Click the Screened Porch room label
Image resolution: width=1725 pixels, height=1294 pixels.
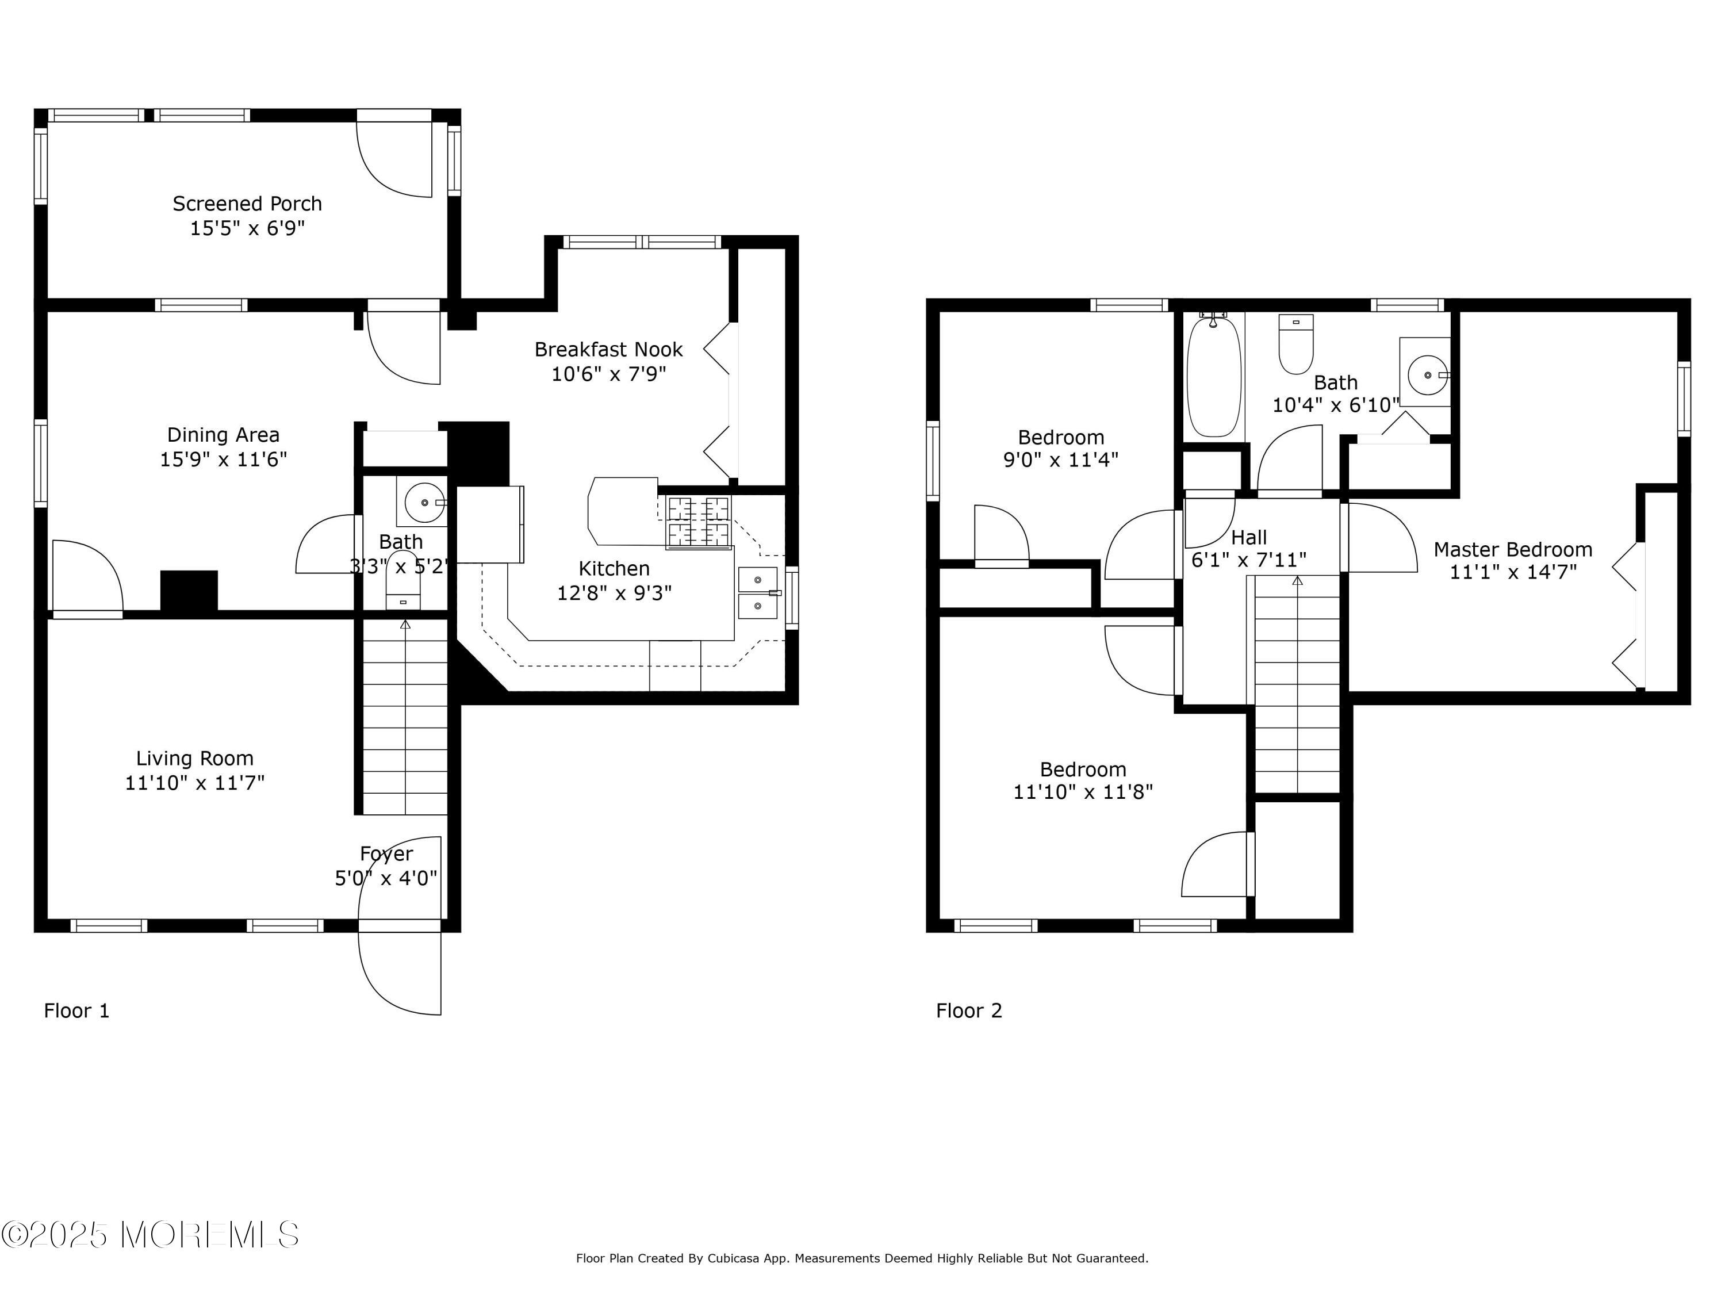[247, 204]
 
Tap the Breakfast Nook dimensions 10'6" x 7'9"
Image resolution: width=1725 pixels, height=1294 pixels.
[608, 374]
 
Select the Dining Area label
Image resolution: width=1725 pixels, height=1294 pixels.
[223, 434]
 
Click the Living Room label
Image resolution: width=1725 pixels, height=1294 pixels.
[195, 758]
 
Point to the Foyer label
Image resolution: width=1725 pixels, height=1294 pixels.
[386, 854]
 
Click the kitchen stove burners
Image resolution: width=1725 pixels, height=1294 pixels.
[699, 522]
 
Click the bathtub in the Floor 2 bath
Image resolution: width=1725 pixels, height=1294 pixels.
[1213, 376]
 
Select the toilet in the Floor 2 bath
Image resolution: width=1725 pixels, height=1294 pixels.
[1296, 344]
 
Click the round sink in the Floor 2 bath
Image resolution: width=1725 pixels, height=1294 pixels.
[1427, 375]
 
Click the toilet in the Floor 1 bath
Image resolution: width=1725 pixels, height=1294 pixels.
[403, 580]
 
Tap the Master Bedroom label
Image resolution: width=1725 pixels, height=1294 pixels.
[1513, 550]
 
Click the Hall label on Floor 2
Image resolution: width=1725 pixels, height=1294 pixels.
[1248, 537]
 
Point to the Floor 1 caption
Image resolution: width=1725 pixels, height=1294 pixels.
[76, 1011]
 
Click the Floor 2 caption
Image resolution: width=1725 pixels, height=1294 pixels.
[968, 1011]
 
